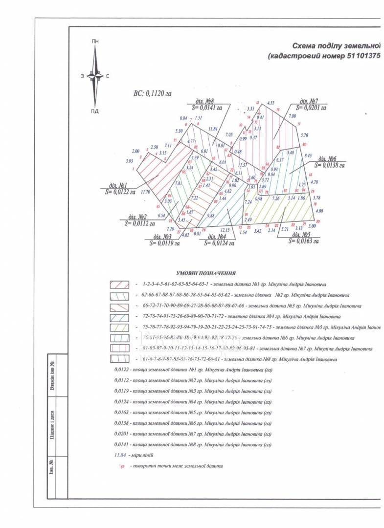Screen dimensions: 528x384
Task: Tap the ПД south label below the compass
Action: (x=95, y=111)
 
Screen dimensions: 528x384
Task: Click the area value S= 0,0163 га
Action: (x=303, y=241)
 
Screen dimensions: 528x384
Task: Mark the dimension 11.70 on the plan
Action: (x=145, y=192)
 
